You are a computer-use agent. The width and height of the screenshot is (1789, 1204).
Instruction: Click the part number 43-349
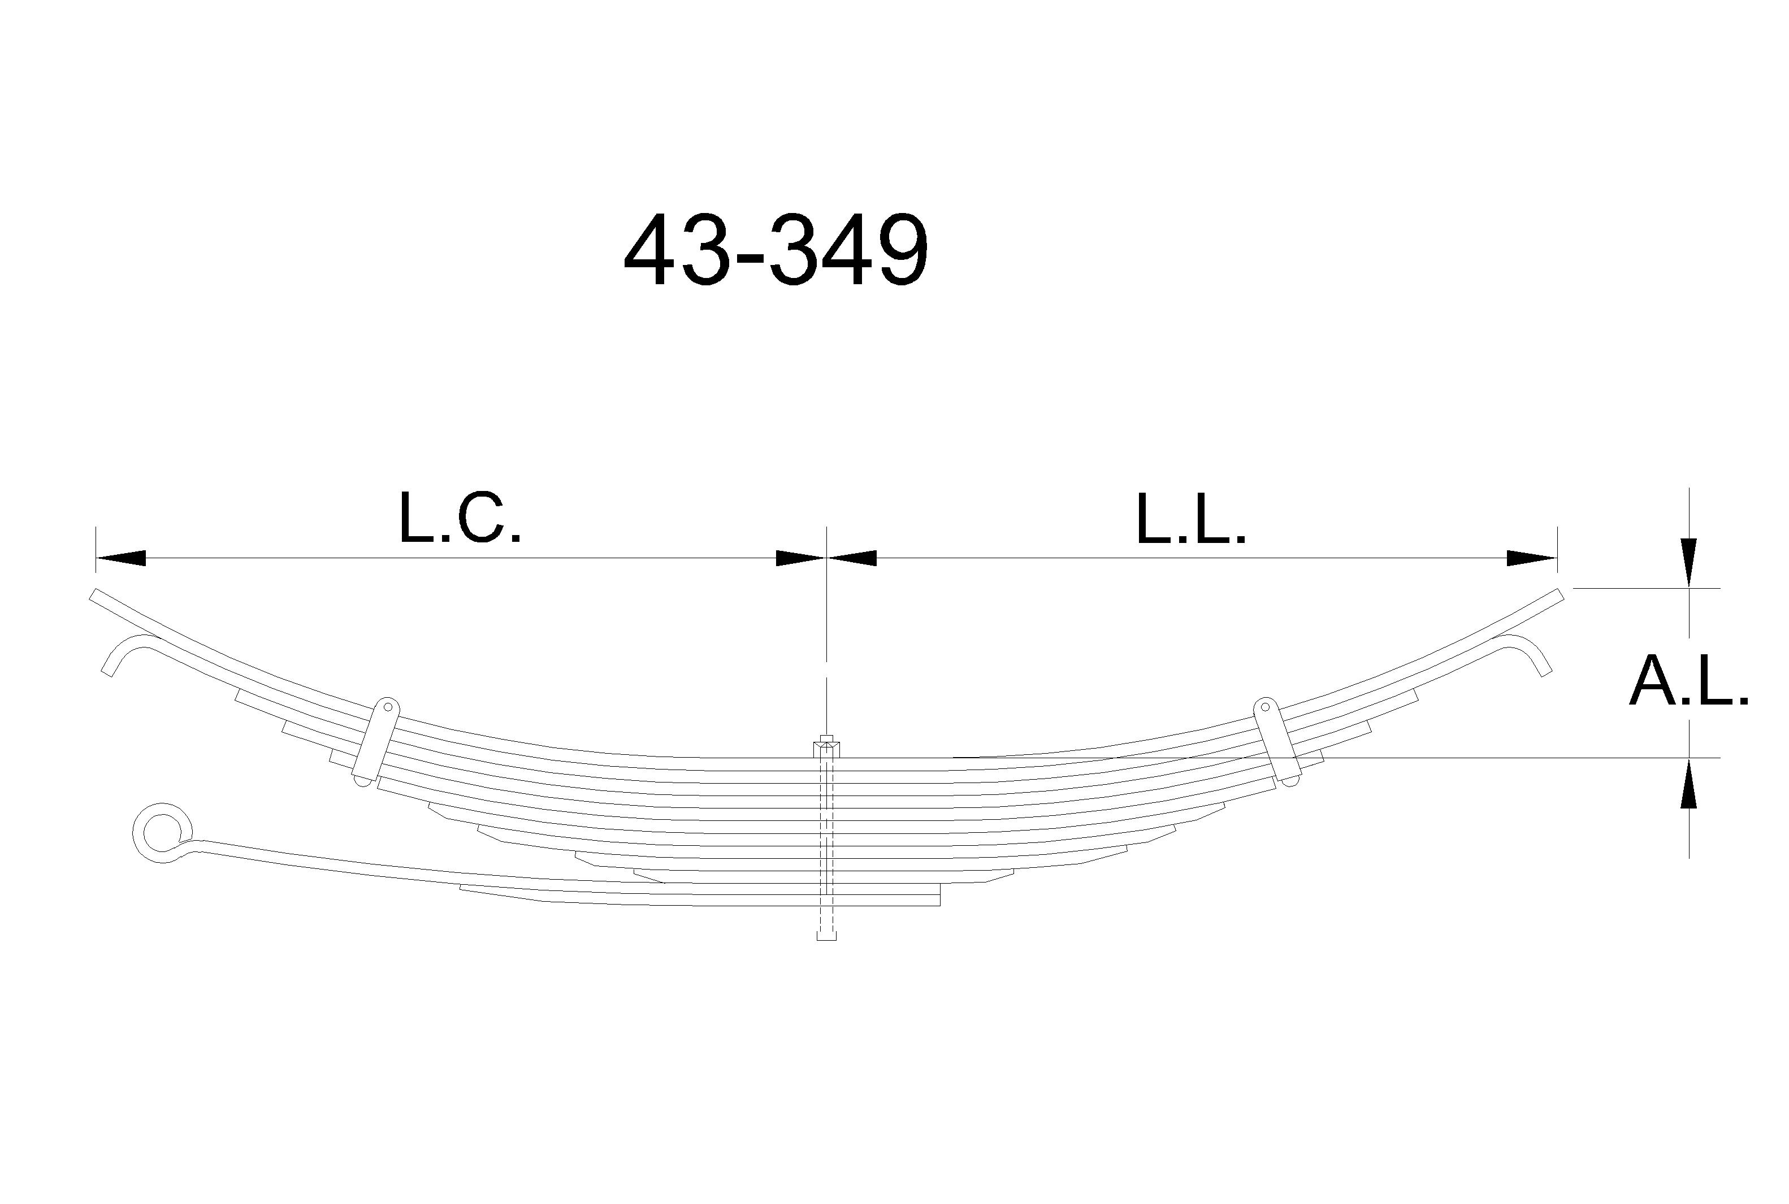tap(776, 250)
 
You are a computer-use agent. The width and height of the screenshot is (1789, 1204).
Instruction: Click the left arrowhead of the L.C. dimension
tap(120, 558)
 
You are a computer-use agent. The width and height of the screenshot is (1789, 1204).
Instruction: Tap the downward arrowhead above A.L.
tap(1688, 563)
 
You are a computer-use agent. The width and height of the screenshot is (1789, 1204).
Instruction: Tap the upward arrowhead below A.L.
tap(1688, 783)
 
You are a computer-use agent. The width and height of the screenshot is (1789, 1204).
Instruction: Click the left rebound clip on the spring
tap(376, 742)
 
